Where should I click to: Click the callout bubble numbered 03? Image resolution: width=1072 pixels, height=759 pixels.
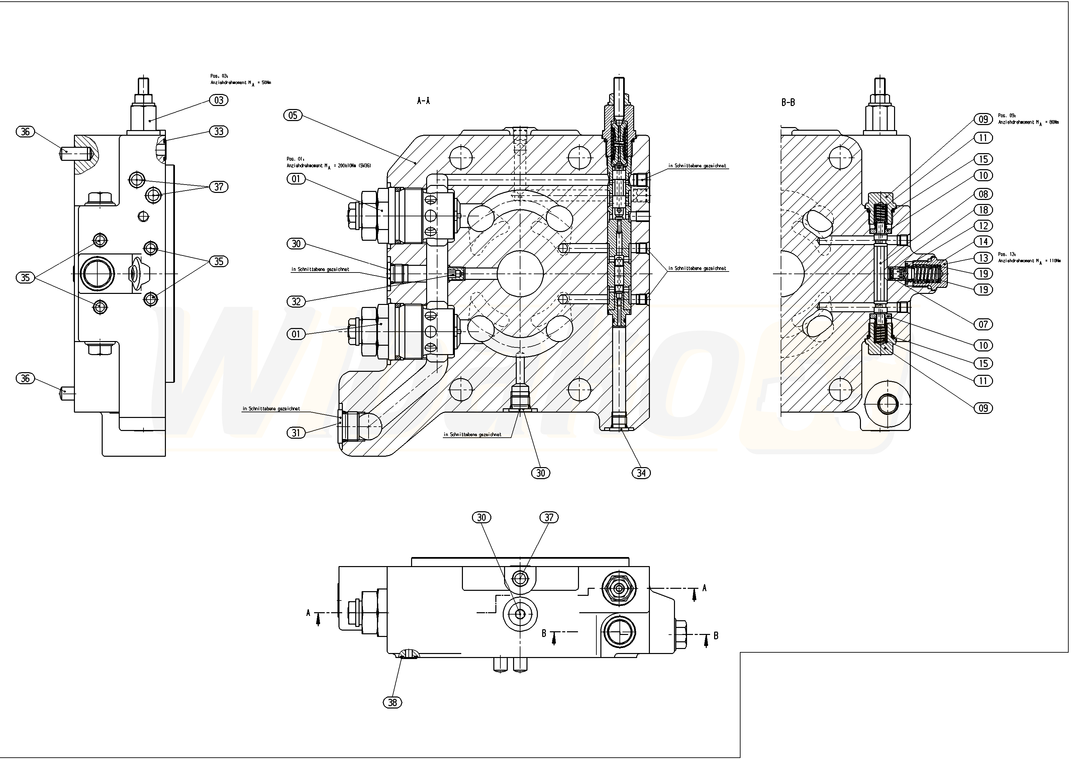click(218, 100)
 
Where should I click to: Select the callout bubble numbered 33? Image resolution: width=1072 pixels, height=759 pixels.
click(218, 132)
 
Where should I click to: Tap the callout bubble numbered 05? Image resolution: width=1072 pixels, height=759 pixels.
click(293, 115)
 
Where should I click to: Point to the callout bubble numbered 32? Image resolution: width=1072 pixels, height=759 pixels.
click(296, 302)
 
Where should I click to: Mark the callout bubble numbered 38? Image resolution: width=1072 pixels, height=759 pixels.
click(393, 702)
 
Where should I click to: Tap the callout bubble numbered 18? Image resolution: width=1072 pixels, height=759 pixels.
click(984, 210)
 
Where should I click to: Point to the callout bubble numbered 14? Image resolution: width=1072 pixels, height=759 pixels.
click(984, 242)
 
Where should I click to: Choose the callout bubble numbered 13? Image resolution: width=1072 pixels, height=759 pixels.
click(984, 258)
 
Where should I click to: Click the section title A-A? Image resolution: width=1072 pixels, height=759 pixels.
click(423, 101)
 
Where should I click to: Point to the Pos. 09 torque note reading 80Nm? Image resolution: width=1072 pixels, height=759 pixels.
click(1029, 119)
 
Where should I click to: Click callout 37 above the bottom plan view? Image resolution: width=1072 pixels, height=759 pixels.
click(549, 517)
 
